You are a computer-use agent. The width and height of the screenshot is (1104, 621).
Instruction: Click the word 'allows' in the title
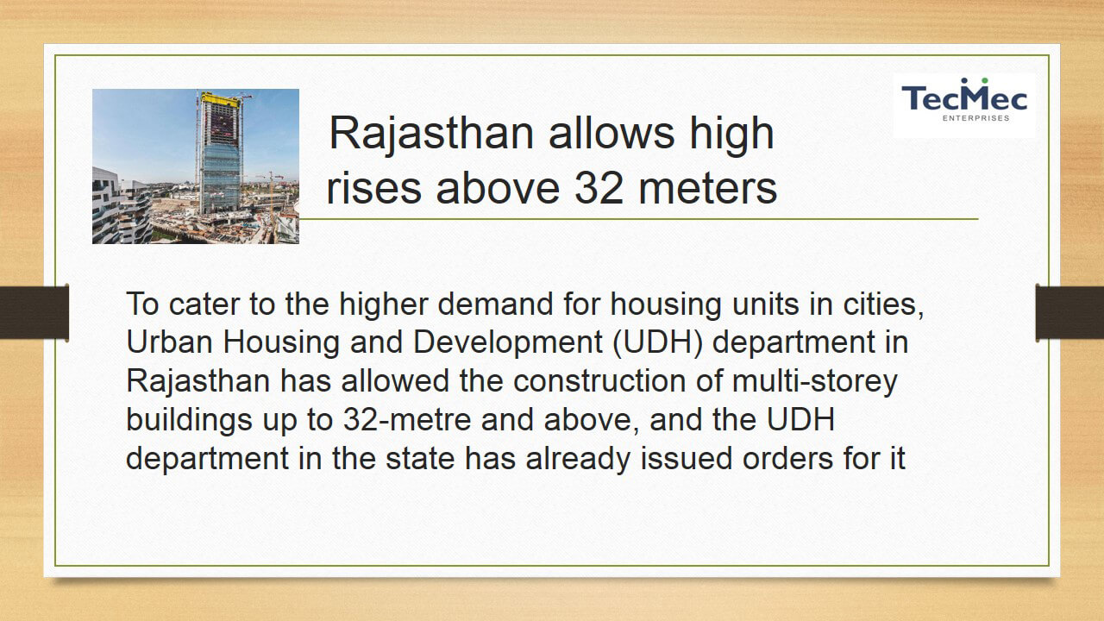coord(612,133)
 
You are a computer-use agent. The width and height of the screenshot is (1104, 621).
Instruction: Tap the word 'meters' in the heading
coord(708,188)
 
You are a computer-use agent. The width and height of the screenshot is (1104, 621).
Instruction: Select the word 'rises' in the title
coord(373,188)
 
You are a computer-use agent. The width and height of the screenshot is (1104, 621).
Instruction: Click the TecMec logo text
coord(964,97)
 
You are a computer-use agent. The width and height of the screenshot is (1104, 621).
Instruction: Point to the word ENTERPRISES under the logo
coord(975,118)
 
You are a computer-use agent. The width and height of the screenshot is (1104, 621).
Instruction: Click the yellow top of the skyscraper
coord(220,99)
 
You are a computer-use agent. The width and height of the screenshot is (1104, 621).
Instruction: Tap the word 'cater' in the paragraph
coord(204,304)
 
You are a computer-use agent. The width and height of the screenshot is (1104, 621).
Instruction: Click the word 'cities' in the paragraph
coord(883,304)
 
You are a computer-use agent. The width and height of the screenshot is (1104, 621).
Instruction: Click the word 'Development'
coord(508,343)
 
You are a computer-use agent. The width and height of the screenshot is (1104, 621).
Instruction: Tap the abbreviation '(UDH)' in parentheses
coord(657,343)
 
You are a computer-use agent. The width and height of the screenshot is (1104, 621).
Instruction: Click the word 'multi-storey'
coord(815,382)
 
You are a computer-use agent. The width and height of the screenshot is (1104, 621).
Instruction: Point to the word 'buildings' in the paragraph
coord(189,420)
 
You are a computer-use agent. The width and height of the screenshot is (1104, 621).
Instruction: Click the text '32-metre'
coord(407,420)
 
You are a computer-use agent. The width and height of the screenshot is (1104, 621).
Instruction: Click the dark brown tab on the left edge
coord(34,312)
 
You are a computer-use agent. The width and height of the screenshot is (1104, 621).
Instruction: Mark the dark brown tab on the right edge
coord(1069,312)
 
